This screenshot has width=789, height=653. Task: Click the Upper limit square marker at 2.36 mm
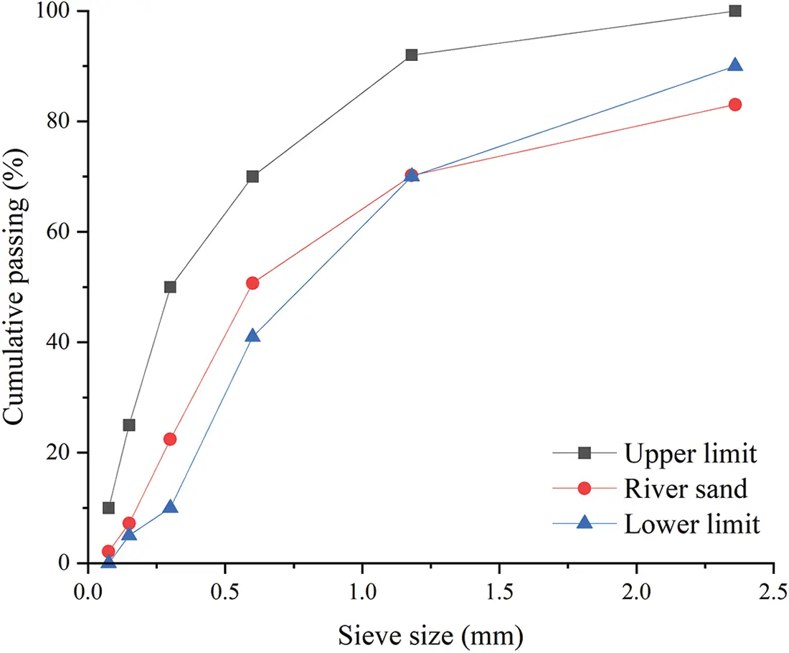(734, 11)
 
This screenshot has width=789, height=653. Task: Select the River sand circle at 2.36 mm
(734, 105)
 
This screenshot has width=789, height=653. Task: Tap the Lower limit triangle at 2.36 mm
(734, 65)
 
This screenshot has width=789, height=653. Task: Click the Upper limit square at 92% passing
(411, 55)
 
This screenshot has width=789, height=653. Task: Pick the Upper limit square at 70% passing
(252, 177)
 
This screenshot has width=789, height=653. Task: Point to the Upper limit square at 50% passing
(170, 287)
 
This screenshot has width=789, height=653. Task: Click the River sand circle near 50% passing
(252, 283)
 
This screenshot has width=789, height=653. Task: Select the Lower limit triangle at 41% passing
(252, 335)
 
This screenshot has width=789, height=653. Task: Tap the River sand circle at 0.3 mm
(170, 439)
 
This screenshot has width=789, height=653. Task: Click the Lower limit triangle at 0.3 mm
(170, 507)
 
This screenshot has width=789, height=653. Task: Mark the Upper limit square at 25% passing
(129, 425)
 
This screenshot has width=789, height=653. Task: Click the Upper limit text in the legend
(690, 453)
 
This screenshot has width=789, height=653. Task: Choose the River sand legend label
(686, 489)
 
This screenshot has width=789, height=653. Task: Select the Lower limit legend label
(691, 525)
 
